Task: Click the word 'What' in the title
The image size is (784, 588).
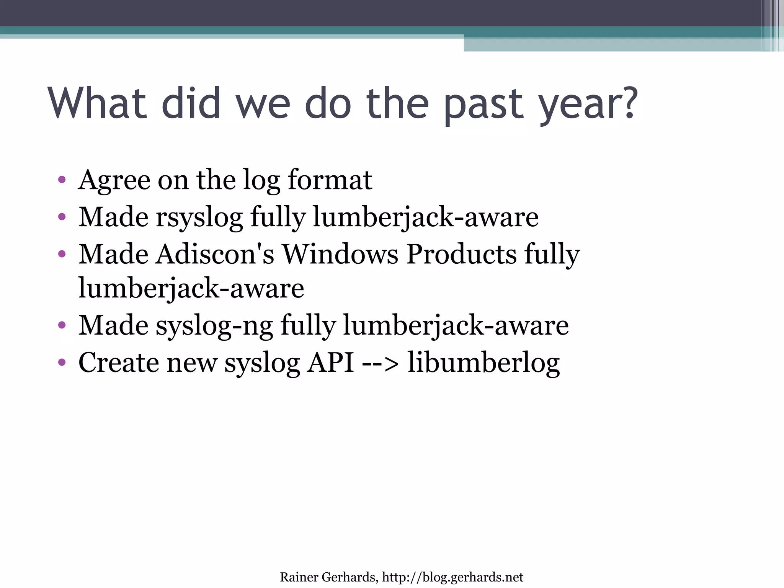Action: click(98, 103)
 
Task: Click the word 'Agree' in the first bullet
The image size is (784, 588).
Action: click(114, 181)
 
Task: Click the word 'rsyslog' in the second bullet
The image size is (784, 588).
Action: click(199, 218)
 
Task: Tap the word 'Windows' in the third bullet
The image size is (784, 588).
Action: click(340, 254)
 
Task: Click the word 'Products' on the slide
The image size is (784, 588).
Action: click(461, 254)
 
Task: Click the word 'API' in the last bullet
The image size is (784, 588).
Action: click(331, 363)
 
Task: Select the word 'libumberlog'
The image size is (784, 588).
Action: click(483, 363)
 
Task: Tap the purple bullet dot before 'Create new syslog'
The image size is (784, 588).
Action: click(62, 362)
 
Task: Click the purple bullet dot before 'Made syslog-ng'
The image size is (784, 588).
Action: click(62, 325)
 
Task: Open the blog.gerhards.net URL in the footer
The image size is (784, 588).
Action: click(452, 577)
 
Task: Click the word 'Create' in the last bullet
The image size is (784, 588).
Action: click(119, 363)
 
